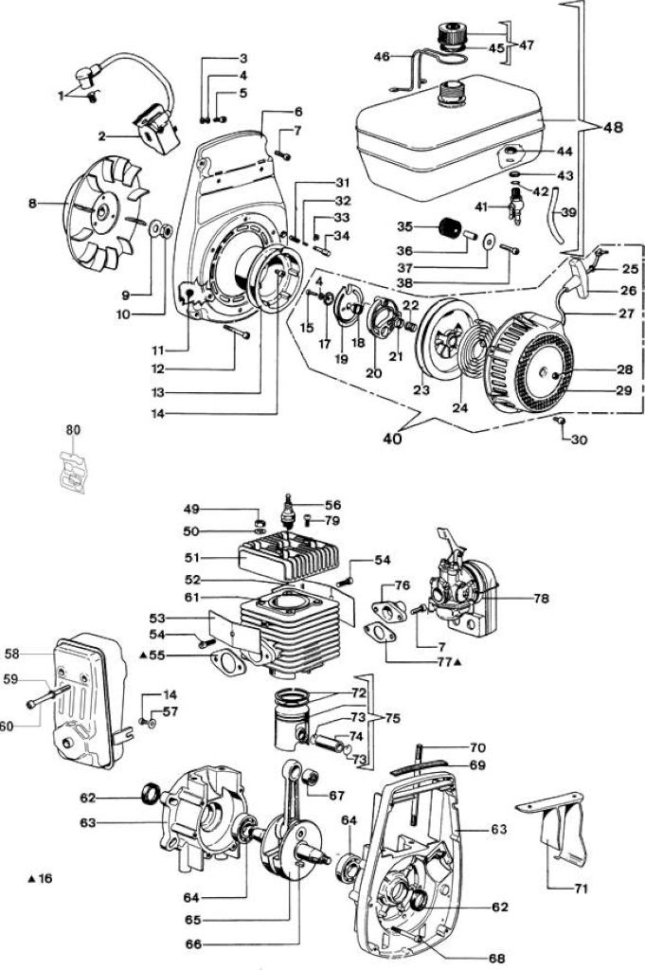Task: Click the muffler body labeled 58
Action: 88,703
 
